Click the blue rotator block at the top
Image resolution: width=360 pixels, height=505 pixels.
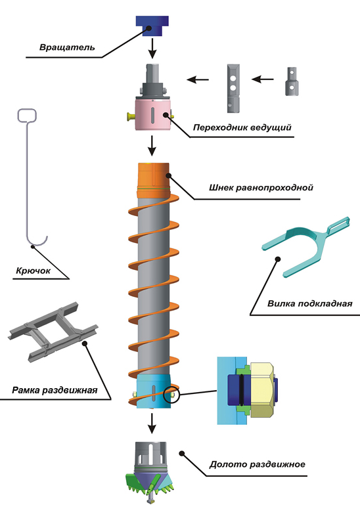coord(152,26)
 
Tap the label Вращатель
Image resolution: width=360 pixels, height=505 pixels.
coord(67,47)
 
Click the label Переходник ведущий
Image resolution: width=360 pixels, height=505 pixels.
coord(242,127)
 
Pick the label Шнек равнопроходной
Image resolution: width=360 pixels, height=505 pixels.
coord(261,187)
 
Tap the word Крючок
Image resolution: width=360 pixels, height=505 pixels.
coord(34,271)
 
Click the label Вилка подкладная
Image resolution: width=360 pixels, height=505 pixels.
coord(309,303)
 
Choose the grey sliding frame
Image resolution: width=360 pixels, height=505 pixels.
coord(53,332)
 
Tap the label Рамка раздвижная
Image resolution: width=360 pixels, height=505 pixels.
coord(55,390)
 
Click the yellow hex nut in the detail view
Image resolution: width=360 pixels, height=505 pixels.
coord(262,390)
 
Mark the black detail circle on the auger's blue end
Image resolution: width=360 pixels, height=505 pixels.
coord(171,394)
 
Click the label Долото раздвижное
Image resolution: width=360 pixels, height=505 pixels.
coord(257,464)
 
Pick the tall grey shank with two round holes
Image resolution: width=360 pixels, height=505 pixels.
coord(233,88)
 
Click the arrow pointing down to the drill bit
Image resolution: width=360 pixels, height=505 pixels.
coord(152,424)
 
